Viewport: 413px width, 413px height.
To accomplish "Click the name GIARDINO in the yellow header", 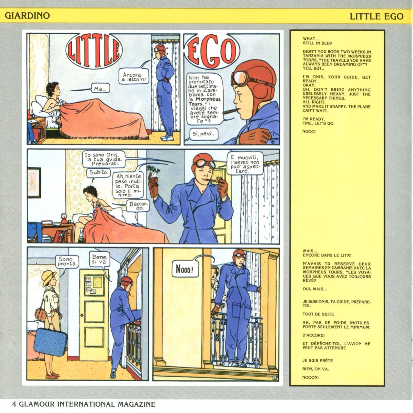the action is [x=27, y=15].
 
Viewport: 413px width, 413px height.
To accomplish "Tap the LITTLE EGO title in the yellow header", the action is [x=377, y=16].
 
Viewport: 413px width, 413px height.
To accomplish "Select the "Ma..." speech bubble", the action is [x=100, y=88].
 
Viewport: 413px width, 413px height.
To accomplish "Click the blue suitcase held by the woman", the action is [x=50, y=342].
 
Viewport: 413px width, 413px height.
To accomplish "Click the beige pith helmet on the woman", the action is [x=49, y=278].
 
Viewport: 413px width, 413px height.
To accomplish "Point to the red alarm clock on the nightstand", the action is [x=64, y=218].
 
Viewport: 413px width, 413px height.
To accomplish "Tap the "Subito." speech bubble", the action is [x=98, y=172].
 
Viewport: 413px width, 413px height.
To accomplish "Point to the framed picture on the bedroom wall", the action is [x=34, y=183].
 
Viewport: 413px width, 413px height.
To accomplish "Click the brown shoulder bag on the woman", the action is [x=40, y=315].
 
